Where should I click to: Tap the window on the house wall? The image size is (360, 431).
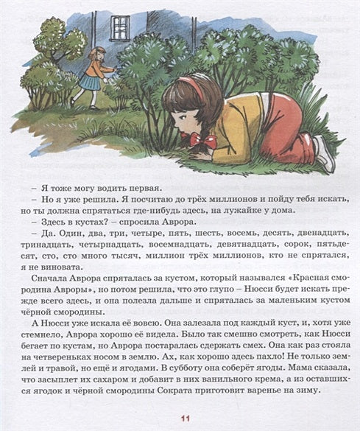120,27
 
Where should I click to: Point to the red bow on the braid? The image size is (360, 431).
201,138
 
